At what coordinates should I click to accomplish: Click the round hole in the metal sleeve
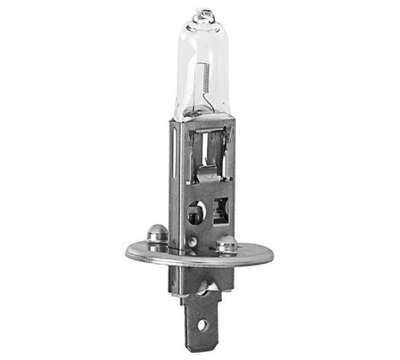pyautogui.click(x=194, y=214)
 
